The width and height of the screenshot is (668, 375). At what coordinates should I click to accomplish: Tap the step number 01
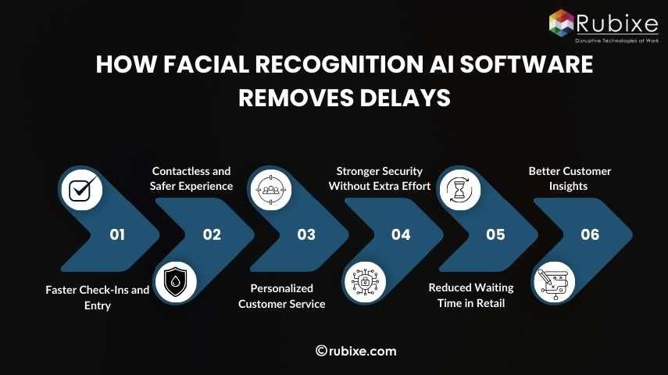[x=117, y=234]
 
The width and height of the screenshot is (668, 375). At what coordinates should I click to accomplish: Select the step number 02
[x=212, y=234]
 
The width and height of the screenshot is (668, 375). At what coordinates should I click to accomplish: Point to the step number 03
[x=306, y=234]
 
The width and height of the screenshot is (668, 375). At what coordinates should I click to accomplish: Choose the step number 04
[x=401, y=234]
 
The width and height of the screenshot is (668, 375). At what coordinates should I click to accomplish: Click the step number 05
[x=495, y=234]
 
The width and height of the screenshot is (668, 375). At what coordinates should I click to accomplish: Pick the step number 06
[x=590, y=234]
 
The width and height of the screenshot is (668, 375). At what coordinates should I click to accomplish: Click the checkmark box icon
[x=81, y=188]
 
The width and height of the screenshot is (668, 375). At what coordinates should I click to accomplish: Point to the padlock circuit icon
[x=365, y=281]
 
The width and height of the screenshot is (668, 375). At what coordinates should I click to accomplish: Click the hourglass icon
[x=459, y=188]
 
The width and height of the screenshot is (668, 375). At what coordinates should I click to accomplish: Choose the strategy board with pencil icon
[x=554, y=281]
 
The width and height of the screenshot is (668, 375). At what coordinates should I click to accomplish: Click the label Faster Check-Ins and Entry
[x=98, y=298]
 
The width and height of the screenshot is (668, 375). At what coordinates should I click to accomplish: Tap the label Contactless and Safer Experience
[x=191, y=178]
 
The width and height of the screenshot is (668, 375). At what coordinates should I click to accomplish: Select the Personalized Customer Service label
[x=282, y=296]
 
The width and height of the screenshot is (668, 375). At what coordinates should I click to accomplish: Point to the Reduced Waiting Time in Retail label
[x=471, y=295]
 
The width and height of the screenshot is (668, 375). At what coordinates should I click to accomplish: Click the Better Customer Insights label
[x=570, y=178]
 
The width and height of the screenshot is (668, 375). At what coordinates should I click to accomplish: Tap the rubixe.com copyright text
[x=356, y=351]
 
